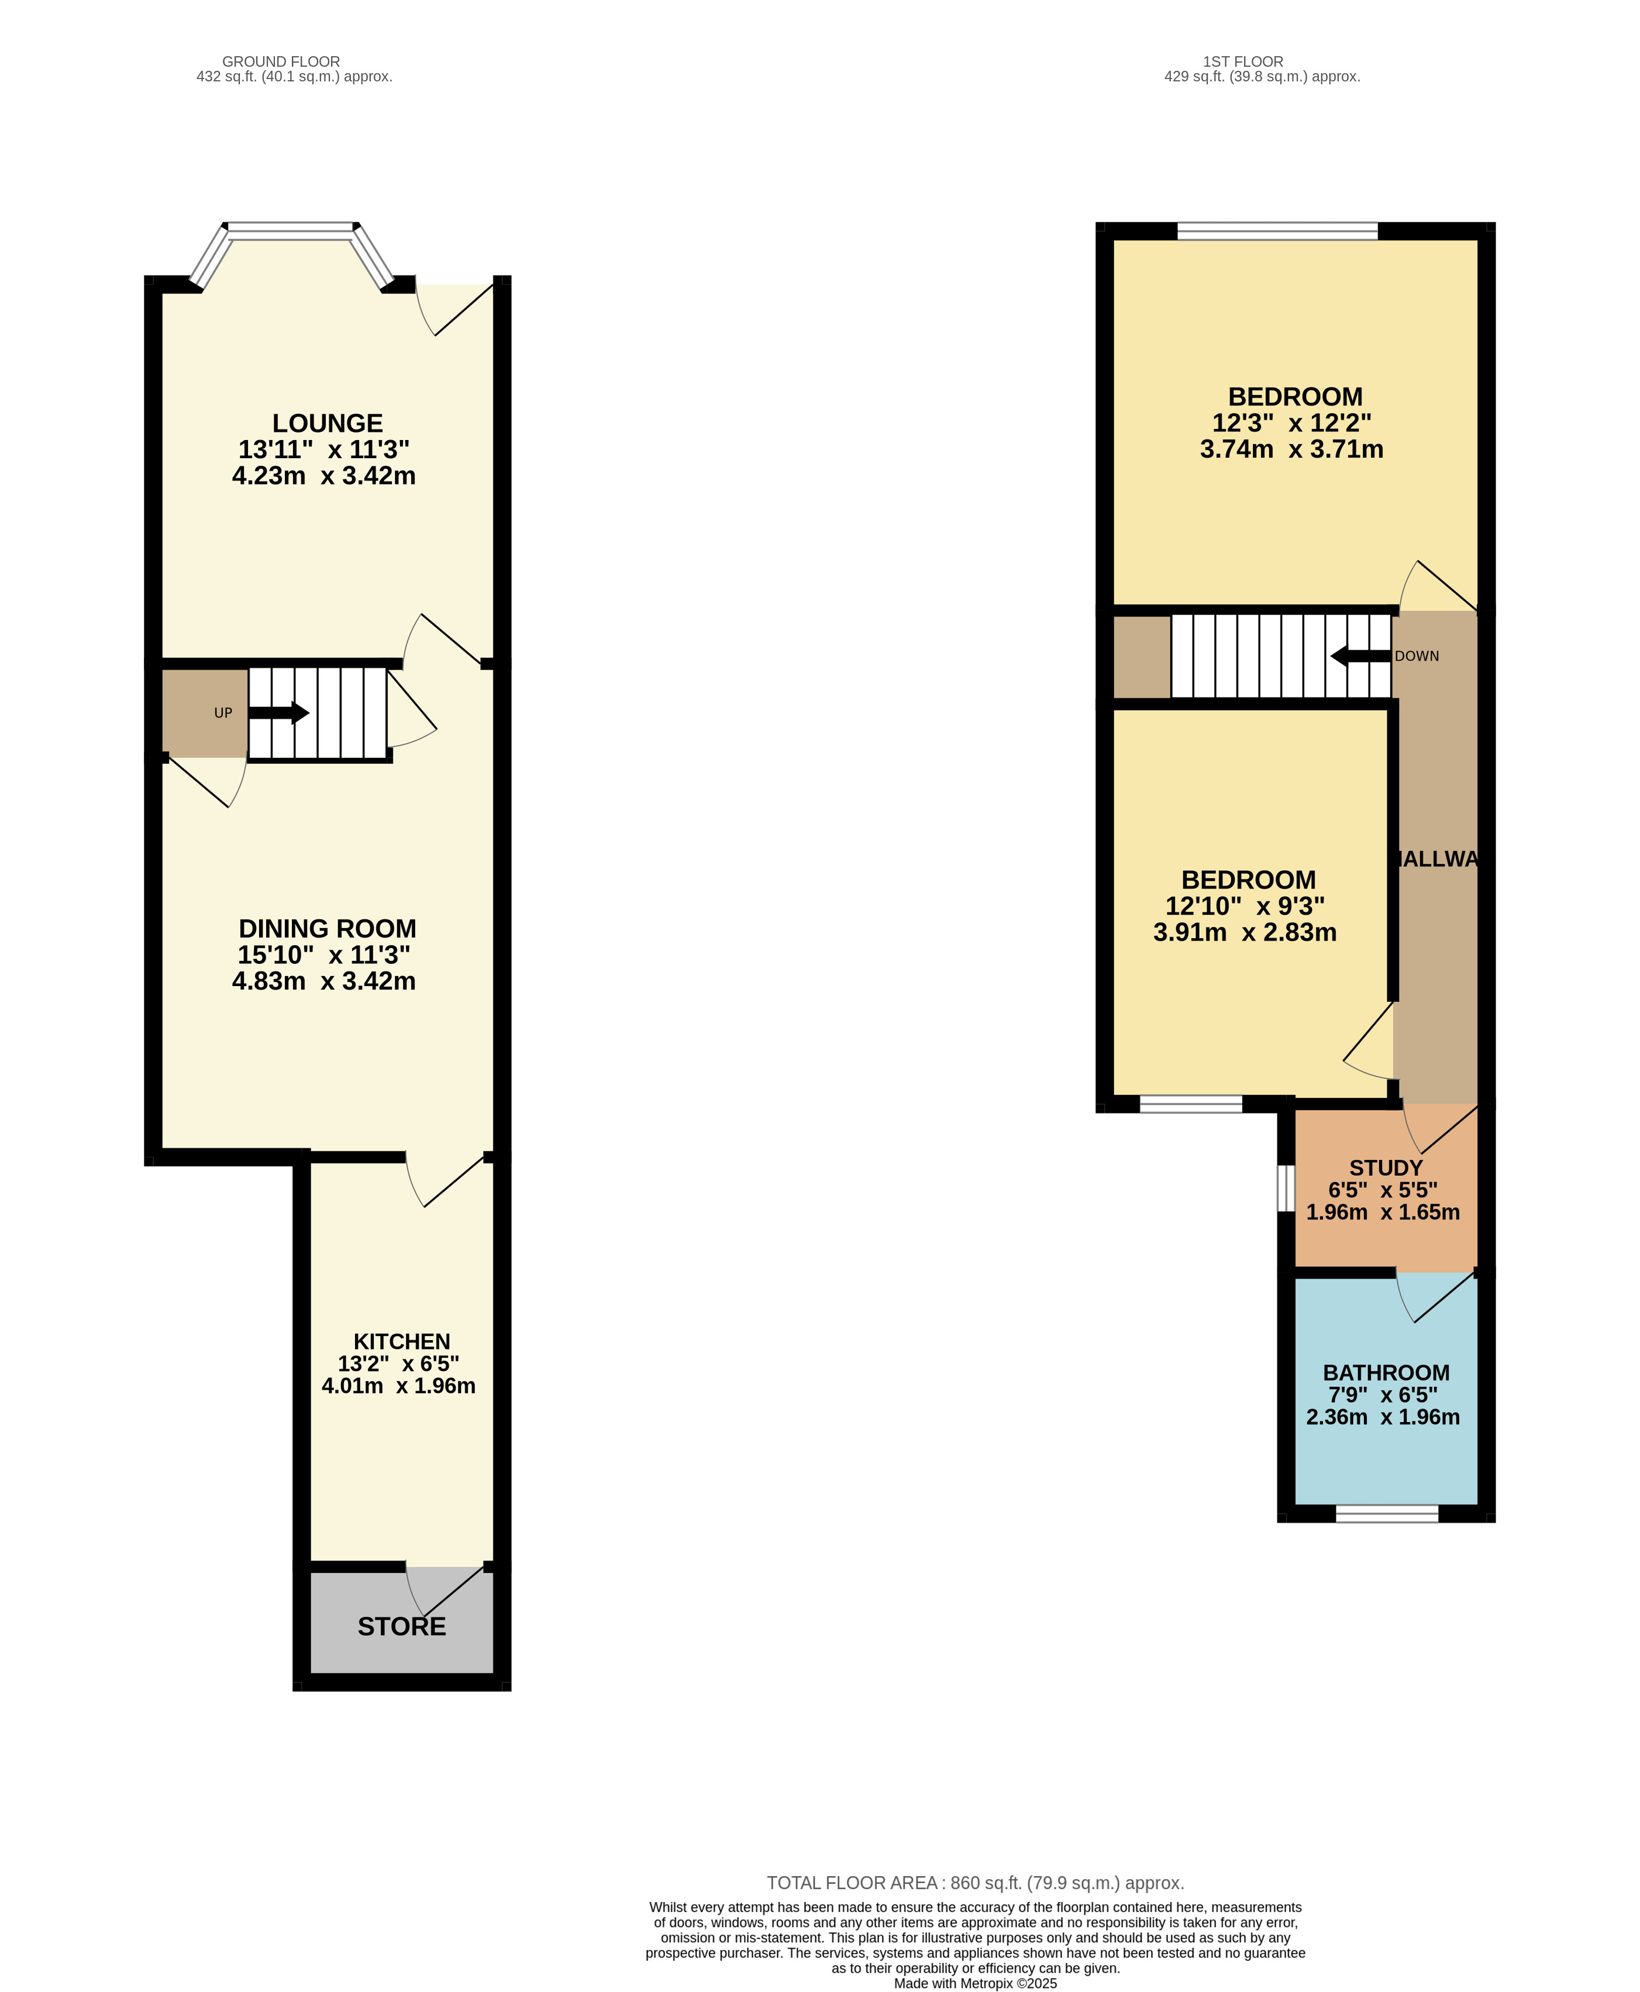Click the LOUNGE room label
coord(328,423)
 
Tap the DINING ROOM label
coord(327,929)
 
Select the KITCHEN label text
coord(401,1342)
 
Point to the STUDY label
coord(1386,1168)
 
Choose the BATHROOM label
coord(1386,1373)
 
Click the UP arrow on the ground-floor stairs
coord(278,713)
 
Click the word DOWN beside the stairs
coord(1417,656)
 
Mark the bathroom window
coord(1387,1513)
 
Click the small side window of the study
coord(1286,1188)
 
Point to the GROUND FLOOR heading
coord(281,61)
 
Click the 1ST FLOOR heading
coord(1243,61)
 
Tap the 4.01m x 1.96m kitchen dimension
coord(399,1386)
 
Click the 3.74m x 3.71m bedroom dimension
coord(1291,450)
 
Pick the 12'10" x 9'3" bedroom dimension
coord(1245,906)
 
